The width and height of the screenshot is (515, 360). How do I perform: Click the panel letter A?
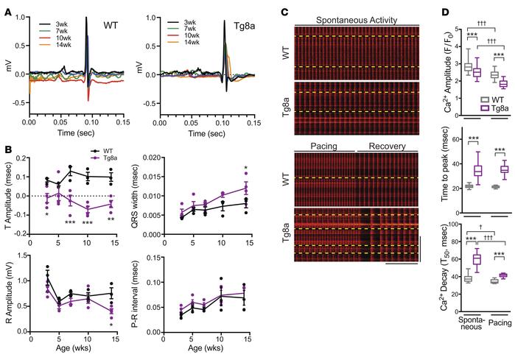[6, 7]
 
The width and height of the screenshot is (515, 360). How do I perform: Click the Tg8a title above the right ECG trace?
[239, 24]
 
